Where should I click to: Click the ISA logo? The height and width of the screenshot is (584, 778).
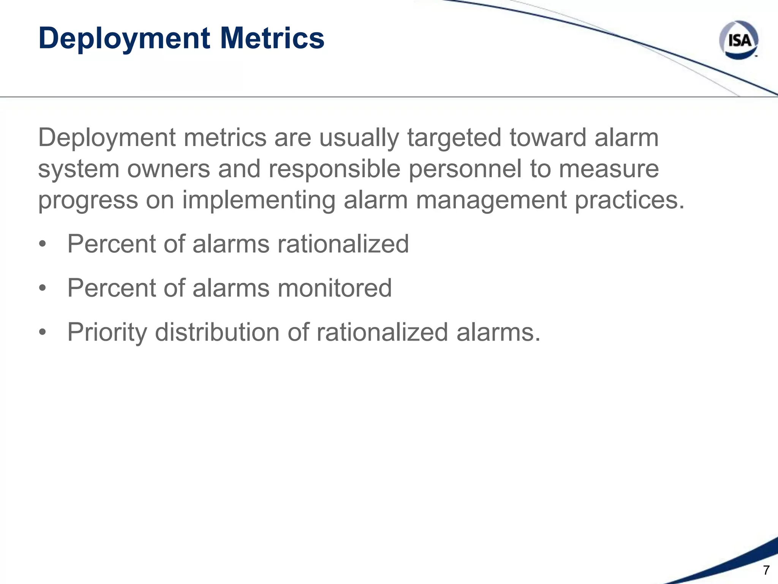click(x=738, y=40)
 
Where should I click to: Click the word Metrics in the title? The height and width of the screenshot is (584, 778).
click(x=272, y=38)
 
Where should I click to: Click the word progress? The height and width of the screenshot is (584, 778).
click(x=88, y=200)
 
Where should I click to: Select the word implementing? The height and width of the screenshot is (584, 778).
click(x=259, y=200)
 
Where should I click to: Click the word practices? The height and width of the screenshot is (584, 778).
click(x=629, y=200)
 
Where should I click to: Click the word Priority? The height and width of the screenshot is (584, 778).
click(x=107, y=332)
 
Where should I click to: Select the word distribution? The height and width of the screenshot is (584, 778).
click(x=217, y=332)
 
